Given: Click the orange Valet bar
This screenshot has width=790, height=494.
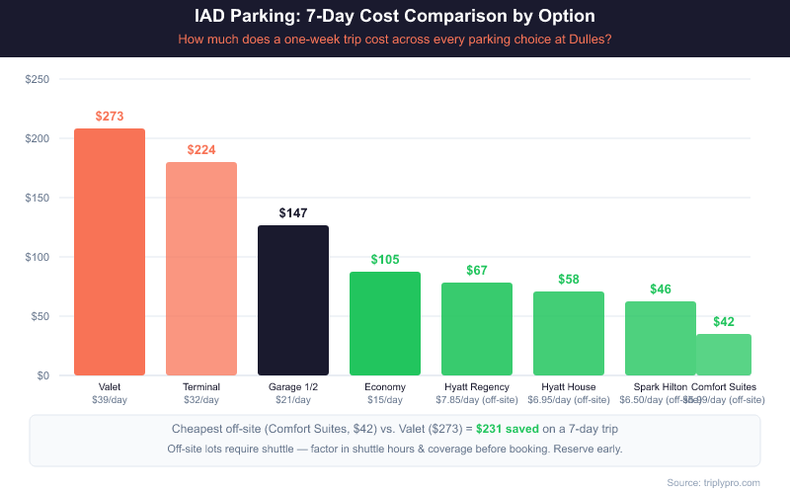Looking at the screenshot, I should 110,252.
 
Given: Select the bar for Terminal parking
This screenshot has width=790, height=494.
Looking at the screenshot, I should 201,269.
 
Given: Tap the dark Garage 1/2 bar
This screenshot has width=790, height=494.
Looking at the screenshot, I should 293,300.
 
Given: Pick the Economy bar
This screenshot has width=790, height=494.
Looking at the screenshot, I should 385,323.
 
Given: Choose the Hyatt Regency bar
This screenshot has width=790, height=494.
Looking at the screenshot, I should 477,329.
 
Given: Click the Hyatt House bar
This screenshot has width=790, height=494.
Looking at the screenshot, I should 569,333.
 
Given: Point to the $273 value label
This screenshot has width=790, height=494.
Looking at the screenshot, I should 110,117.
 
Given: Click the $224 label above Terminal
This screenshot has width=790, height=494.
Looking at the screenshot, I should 201,150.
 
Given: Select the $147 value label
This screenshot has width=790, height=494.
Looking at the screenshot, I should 293,213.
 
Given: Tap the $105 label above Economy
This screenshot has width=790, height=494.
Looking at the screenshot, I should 385,260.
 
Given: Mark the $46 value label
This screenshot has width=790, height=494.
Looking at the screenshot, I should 661,289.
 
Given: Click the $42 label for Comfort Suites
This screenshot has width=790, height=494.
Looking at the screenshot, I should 724,322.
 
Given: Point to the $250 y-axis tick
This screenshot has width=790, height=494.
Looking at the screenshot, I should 38,79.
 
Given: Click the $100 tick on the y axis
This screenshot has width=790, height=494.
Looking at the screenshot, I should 38,257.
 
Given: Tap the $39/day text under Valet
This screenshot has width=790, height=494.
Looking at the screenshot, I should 110,400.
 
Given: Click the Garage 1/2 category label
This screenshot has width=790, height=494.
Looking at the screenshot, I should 293,386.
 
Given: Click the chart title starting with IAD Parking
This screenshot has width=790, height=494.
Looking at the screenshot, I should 395,17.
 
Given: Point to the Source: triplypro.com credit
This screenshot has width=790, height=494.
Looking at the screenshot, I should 713,481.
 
